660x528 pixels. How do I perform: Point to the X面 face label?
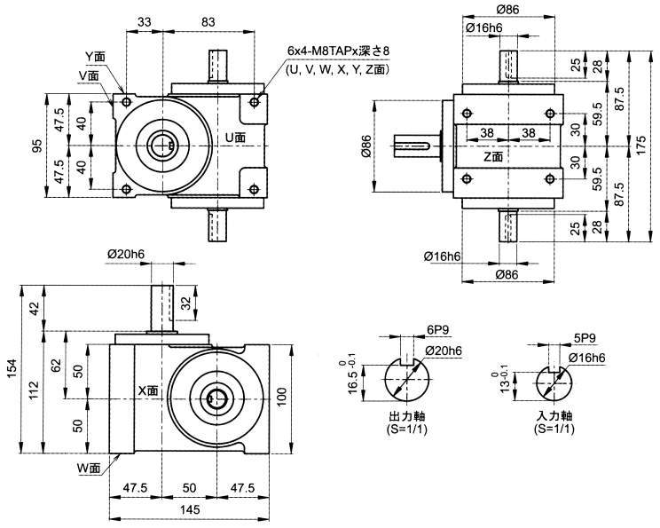click(x=147, y=390)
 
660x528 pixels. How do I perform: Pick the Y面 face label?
click(x=95, y=56)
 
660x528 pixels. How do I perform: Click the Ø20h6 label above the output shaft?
click(x=126, y=254)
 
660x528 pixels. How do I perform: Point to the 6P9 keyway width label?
click(x=436, y=329)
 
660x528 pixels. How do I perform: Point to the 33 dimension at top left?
click(x=145, y=21)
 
